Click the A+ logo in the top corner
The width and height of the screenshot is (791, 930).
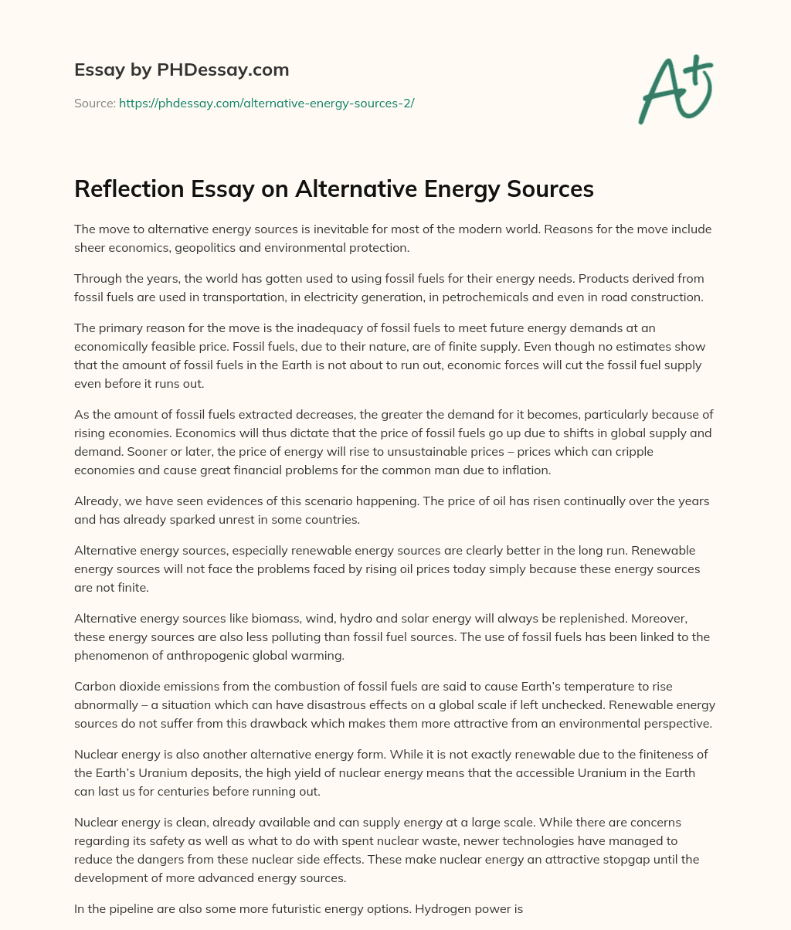pyautogui.click(x=675, y=90)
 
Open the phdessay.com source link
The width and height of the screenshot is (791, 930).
pyautogui.click(x=266, y=103)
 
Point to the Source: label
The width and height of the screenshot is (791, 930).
pyautogui.click(x=95, y=103)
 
